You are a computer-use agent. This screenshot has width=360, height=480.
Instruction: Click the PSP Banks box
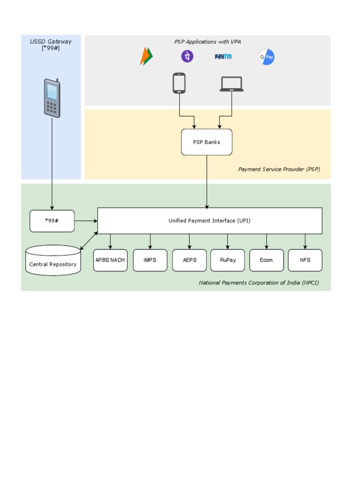pos(206,142)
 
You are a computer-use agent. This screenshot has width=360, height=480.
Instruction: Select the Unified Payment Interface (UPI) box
pos(210,221)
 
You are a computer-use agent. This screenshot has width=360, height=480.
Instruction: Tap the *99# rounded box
pos(52,221)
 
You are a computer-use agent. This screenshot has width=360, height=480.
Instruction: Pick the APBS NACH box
pos(110,260)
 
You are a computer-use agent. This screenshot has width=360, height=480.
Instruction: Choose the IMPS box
pos(150,260)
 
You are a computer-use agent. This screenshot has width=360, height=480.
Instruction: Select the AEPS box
pos(189,260)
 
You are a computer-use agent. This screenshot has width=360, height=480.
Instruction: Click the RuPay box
pos(228,260)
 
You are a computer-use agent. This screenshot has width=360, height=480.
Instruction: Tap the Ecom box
pos(266,260)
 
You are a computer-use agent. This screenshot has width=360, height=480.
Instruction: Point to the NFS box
pos(305,260)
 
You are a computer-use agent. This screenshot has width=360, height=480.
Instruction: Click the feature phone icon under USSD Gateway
pos(52,98)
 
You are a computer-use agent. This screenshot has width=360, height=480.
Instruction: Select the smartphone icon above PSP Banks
pos(179,83)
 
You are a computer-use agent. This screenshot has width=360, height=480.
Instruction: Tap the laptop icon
pos(232,84)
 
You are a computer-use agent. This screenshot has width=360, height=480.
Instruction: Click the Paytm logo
pos(223,57)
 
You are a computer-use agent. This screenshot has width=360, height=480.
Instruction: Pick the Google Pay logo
pos(267,57)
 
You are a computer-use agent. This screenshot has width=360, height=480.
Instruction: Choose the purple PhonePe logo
pos(187,57)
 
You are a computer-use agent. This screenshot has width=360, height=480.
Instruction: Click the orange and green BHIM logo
pos(146,57)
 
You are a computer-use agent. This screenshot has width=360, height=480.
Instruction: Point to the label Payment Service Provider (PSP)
pos(279,169)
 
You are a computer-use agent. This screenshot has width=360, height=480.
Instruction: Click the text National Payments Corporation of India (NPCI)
pos(259,283)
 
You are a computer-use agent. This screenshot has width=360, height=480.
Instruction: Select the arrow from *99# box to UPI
pos(86,221)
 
